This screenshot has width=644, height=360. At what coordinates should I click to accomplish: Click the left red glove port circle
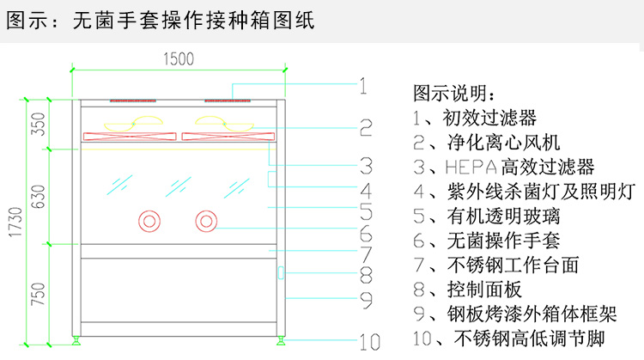[x=150, y=222]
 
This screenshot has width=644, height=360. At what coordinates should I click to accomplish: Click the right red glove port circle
[x=206, y=222]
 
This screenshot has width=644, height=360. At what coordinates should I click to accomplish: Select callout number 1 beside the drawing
[x=363, y=85]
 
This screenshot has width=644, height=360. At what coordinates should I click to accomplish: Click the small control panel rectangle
[x=279, y=273]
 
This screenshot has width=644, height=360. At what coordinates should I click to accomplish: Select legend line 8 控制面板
[x=467, y=290]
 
